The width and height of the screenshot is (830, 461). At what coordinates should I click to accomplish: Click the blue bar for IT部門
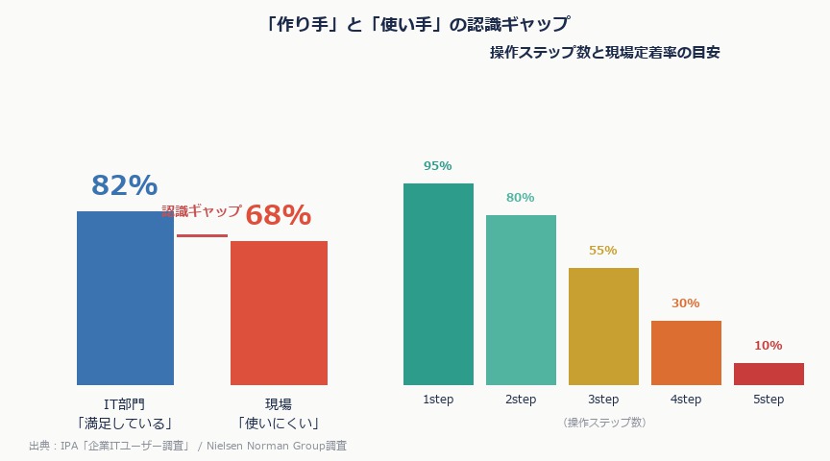(125, 298)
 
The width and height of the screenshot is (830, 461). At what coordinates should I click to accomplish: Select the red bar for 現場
(279, 313)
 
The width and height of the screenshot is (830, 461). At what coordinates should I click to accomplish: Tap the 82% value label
(124, 185)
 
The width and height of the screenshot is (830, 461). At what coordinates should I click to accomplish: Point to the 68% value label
(279, 215)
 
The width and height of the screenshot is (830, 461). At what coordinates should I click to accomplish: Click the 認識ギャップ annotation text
(202, 211)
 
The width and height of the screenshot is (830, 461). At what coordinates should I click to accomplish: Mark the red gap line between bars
(202, 235)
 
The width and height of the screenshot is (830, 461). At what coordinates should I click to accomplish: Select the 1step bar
(438, 284)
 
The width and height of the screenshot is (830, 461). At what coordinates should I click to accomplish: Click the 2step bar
(521, 300)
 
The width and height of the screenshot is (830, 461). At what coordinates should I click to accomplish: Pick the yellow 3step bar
(603, 327)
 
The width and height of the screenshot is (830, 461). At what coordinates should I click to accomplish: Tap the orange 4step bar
(686, 352)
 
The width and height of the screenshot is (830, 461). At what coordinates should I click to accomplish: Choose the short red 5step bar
(769, 374)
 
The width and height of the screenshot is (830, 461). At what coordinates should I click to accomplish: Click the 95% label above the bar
(438, 166)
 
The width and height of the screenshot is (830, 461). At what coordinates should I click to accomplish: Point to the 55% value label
(603, 251)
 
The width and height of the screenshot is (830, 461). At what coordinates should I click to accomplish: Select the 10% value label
(769, 346)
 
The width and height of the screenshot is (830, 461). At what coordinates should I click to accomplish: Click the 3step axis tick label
(603, 400)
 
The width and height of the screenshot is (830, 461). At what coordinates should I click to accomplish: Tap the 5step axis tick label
(769, 400)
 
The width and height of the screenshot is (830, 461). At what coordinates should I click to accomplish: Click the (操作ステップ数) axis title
(603, 423)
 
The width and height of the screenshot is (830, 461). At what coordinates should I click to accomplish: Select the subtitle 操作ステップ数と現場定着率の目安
(605, 53)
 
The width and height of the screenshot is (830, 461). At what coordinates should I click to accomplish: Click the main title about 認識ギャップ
(415, 23)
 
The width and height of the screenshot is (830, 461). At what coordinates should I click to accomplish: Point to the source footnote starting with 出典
(187, 446)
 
